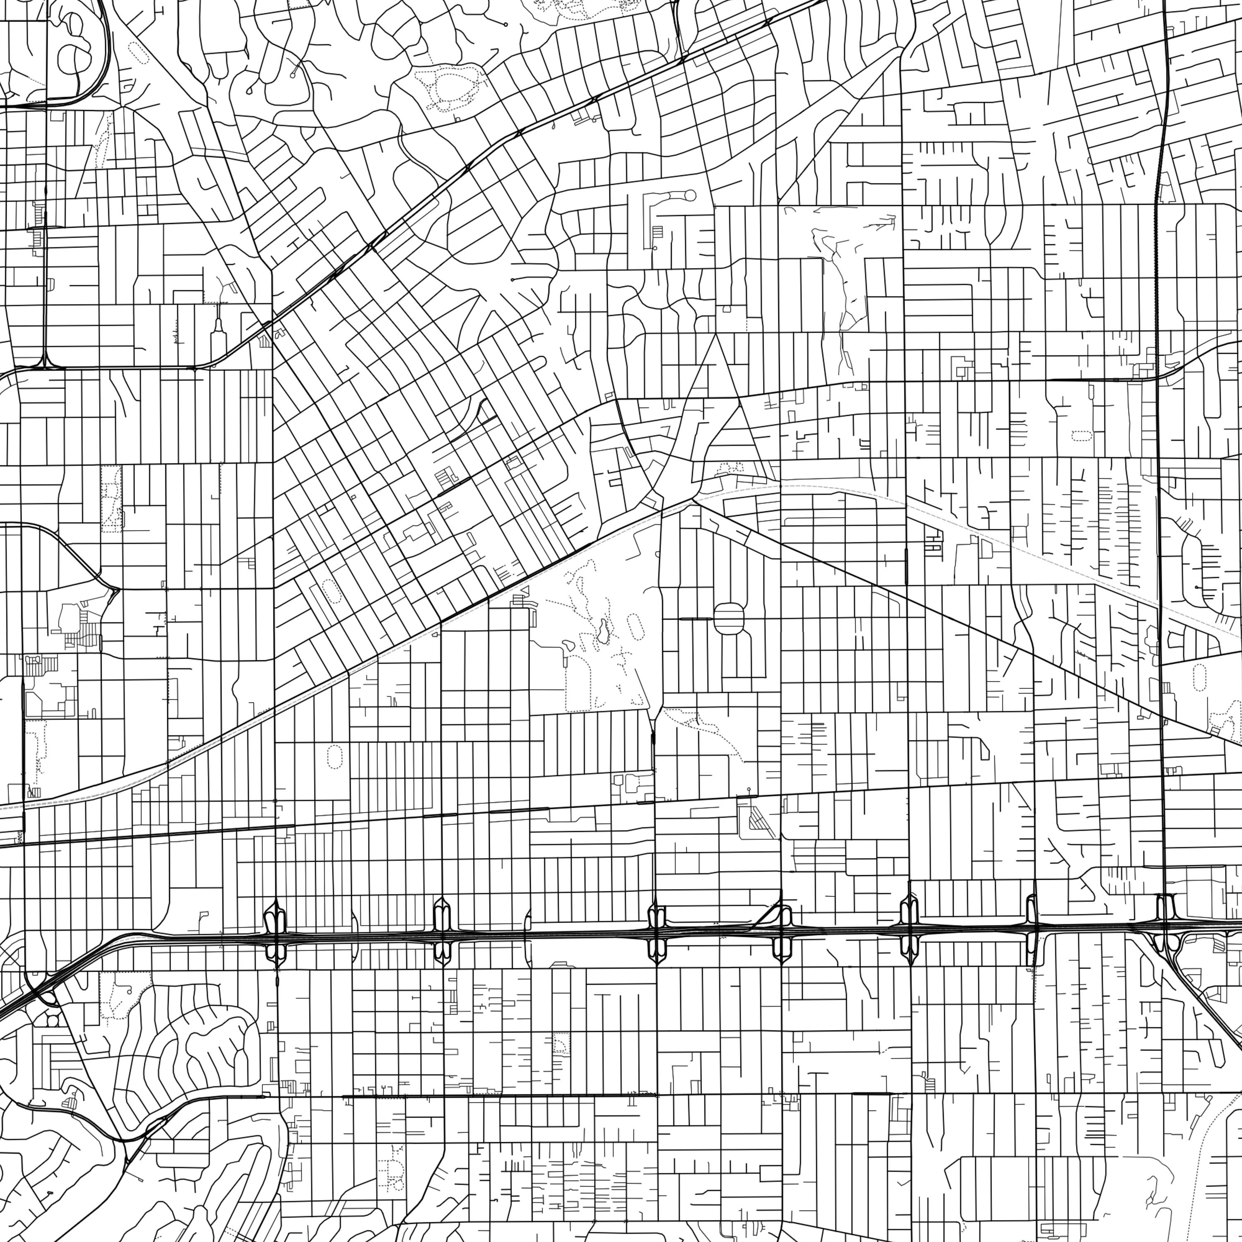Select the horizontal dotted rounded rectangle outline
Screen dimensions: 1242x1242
click(1081, 435)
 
